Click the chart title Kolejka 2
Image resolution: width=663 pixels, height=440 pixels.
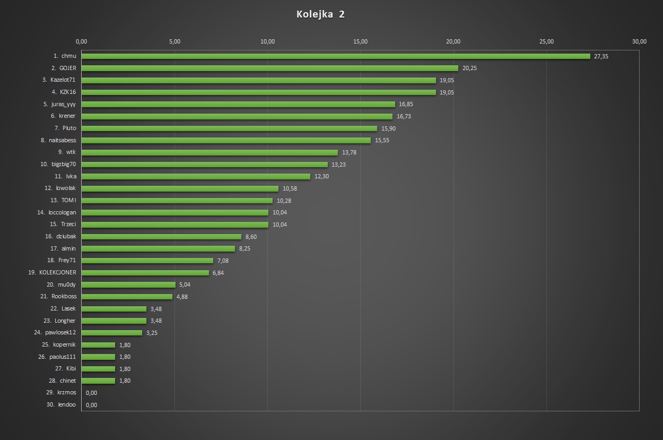[x=320, y=14]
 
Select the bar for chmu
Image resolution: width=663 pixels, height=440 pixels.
[x=335, y=56]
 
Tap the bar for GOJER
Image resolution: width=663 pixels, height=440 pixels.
[x=269, y=68]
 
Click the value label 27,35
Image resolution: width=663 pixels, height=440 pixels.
[x=601, y=56]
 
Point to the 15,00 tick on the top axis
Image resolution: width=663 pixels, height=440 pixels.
[x=360, y=42]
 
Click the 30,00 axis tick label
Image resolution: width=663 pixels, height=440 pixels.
[x=639, y=42]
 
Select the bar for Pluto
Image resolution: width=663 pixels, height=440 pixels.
[x=229, y=128]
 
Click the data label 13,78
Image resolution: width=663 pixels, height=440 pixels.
[x=349, y=153]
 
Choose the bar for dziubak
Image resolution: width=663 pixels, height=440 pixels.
[x=161, y=237]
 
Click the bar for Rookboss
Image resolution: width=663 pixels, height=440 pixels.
[x=127, y=297]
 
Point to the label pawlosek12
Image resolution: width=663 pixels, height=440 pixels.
[x=60, y=333]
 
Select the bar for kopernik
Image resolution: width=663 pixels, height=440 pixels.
[x=98, y=345]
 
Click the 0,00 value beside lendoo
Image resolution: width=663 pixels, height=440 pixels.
[x=91, y=405]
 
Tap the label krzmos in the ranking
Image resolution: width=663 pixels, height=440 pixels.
[x=67, y=393]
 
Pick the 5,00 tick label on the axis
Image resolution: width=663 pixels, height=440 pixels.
[x=175, y=42]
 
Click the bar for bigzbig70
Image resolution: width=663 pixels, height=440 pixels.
[x=204, y=165]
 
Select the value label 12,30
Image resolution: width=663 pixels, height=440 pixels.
[x=321, y=177]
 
